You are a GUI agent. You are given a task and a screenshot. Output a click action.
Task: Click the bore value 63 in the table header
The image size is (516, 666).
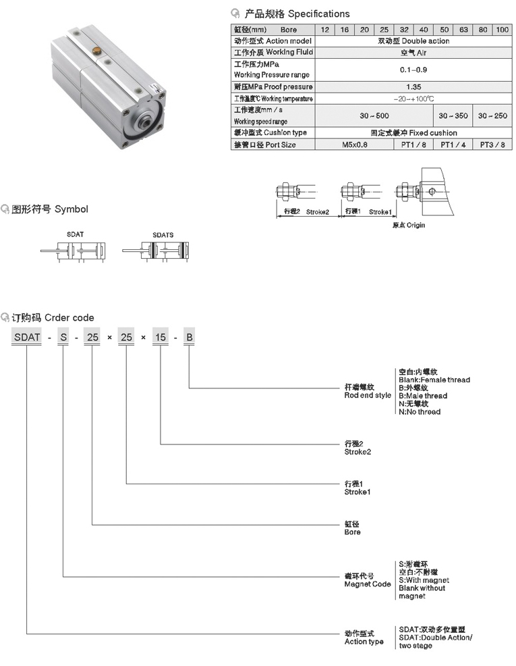[x=464, y=30]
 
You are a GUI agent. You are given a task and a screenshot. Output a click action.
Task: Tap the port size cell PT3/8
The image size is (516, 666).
[x=492, y=145]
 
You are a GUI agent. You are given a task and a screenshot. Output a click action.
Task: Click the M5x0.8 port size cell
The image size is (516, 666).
[x=354, y=145]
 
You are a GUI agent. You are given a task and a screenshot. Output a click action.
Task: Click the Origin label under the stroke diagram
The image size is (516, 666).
[x=409, y=225]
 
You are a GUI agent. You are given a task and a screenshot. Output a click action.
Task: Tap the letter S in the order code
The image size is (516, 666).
[x=63, y=336]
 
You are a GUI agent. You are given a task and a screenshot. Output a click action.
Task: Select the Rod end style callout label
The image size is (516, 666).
[x=368, y=392]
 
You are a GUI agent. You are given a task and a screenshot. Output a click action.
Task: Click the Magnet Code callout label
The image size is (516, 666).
[x=368, y=580]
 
